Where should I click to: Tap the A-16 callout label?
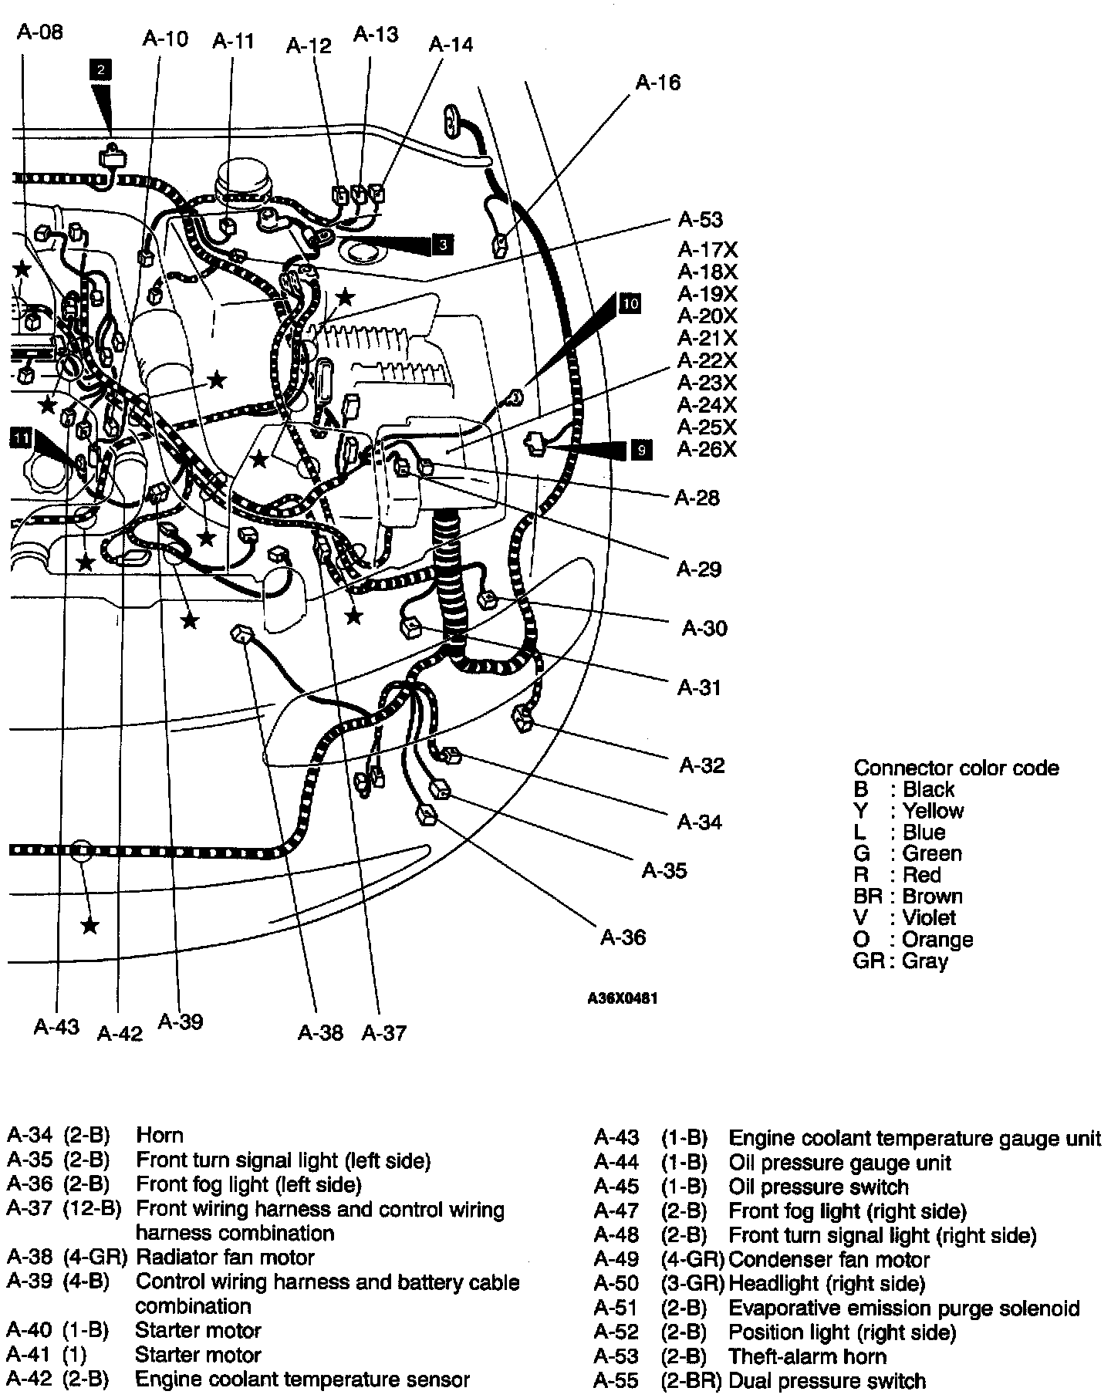[657, 83]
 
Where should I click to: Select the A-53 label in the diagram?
[700, 220]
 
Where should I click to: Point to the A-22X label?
[707, 360]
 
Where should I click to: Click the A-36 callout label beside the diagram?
[623, 937]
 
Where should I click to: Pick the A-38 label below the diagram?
[320, 1032]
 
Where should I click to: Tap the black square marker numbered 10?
[630, 303]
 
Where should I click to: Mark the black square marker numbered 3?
[442, 245]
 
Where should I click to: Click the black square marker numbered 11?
[21, 439]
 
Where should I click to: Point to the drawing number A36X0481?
[623, 998]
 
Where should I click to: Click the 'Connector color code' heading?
[956, 768]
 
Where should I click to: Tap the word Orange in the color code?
[937, 940]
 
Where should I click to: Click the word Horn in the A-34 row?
[160, 1135]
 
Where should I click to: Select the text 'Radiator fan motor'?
[225, 1258]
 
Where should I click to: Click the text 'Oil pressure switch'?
[819, 1187]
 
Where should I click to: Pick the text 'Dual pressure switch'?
[826, 1380]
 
